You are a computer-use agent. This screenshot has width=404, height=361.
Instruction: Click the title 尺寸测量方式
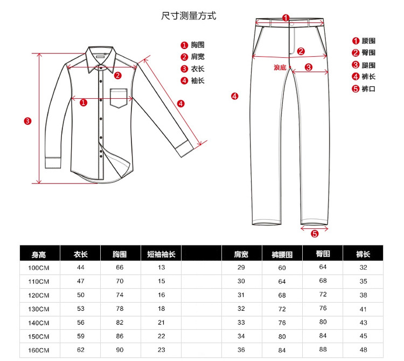pos(189,16)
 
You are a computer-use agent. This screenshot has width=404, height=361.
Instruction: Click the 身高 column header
pos(39,254)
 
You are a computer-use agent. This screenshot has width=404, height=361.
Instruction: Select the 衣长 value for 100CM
pos(81,268)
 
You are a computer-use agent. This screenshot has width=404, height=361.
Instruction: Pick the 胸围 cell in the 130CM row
pos(120,309)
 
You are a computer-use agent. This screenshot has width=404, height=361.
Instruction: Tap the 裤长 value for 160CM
pos(364,349)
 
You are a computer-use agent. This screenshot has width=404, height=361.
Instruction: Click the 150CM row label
pos(39,336)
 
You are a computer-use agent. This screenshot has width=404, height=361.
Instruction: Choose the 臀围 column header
pos(323,253)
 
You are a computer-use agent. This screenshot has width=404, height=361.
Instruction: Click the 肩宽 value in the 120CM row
pos(241,295)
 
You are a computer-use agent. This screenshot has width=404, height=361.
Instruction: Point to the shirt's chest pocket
pos(121,98)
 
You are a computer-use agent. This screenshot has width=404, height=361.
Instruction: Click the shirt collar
pos(102,58)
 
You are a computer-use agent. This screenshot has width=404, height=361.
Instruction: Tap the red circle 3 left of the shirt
pos(27,120)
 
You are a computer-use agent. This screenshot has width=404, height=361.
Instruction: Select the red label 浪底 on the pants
pos(280,67)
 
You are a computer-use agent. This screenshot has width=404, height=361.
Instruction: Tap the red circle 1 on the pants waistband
pos(285,18)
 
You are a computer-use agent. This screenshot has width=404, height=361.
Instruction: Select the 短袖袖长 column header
pos(161,254)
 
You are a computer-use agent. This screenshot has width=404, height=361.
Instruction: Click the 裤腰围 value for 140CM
pos(282,322)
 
